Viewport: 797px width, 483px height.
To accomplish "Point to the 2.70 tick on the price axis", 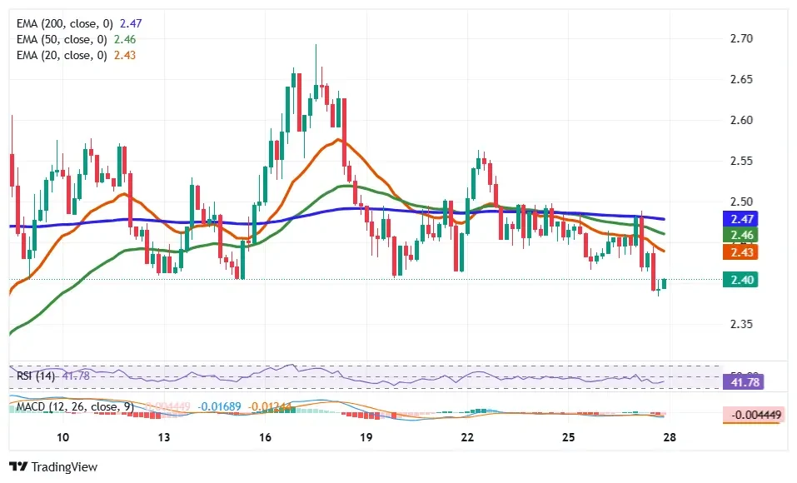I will click(x=740, y=39).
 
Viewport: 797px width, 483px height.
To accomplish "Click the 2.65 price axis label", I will click(x=740, y=80).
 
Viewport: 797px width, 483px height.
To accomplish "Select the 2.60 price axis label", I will click(x=740, y=121).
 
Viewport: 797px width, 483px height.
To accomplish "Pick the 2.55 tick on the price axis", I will click(x=740, y=162).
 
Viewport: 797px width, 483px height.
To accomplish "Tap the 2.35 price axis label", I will click(x=740, y=325).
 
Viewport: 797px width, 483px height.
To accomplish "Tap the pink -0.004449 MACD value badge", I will click(x=754, y=415).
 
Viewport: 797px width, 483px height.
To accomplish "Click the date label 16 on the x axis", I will click(x=265, y=438).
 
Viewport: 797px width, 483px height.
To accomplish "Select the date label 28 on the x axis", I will click(x=670, y=438).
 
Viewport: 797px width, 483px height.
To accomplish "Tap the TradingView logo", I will click(x=53, y=467).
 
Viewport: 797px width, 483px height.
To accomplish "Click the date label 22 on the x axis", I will click(x=467, y=438).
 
